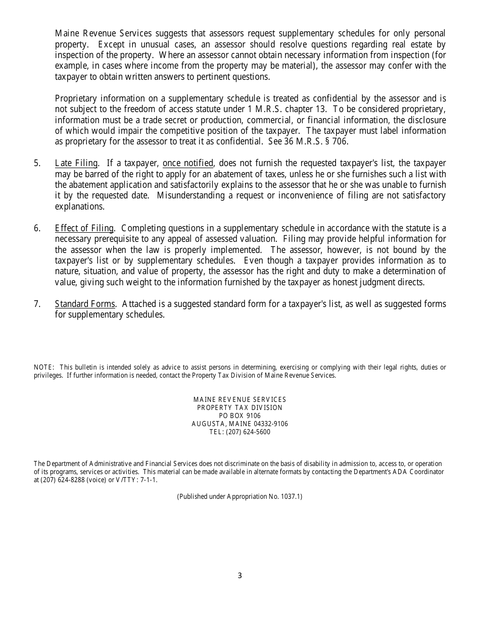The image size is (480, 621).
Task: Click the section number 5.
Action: point(37,163)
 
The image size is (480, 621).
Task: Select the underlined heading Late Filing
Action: point(76,163)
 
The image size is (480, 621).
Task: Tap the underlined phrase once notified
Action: point(188,163)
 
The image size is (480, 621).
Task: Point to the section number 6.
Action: point(37,228)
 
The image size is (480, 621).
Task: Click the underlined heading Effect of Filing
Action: point(84,228)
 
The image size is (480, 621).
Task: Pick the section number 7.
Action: point(37,304)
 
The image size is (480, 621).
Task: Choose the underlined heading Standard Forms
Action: point(85,304)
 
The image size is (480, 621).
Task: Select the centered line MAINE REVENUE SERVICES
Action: point(239,399)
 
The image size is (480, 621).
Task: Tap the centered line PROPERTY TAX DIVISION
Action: point(239,407)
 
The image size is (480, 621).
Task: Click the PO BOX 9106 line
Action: point(239,416)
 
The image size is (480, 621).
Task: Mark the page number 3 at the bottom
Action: point(239,576)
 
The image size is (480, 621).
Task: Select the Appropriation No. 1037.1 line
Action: point(239,496)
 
